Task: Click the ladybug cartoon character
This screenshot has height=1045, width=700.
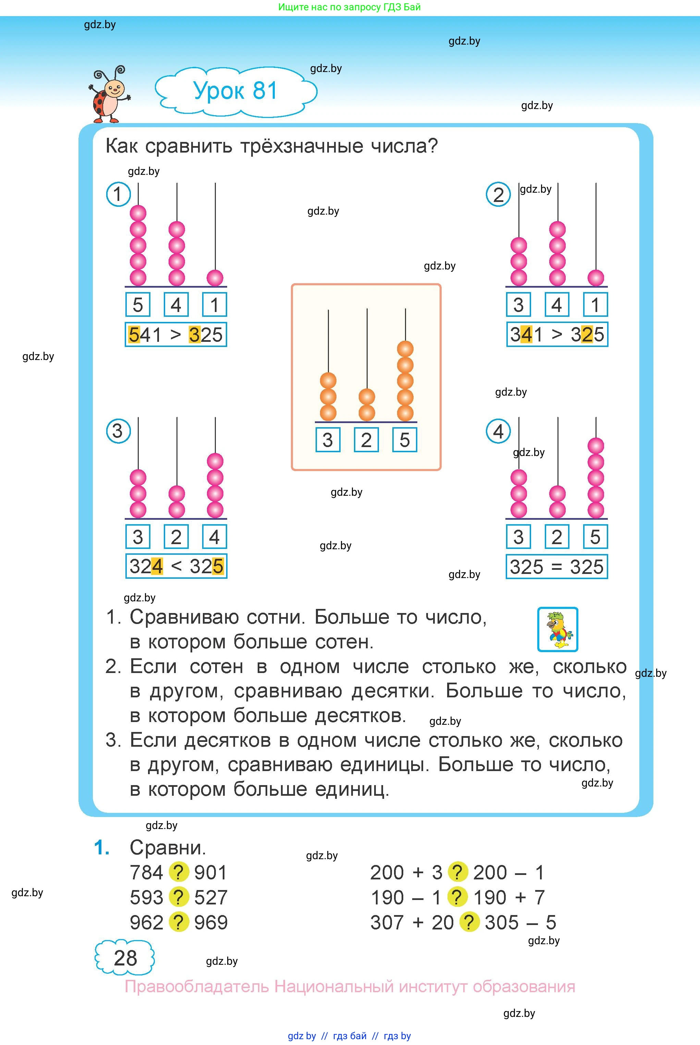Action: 109,95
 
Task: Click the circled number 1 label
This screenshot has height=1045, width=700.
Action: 118,194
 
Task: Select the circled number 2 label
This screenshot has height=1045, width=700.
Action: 498,195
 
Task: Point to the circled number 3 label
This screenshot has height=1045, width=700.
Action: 118,431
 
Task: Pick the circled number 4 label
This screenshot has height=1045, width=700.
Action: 498,431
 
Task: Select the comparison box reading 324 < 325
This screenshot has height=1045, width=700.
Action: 176,566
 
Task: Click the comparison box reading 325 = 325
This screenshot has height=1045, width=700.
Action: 557,567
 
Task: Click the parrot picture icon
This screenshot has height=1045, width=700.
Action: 557,629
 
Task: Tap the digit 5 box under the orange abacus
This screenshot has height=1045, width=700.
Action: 404,440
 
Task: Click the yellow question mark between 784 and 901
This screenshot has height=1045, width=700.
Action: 179,872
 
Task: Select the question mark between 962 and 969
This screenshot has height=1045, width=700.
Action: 179,922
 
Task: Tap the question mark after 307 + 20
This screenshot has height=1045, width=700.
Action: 469,922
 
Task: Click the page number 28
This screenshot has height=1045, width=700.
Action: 125,958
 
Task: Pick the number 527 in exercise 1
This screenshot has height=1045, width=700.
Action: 211,897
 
